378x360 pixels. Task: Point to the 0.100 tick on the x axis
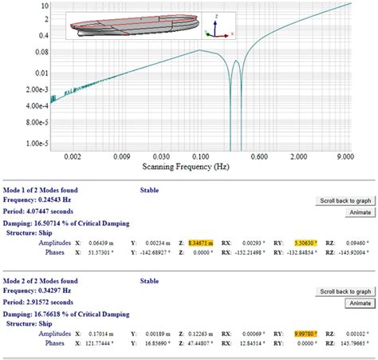[x=199, y=158]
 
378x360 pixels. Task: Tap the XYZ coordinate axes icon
[x=218, y=27]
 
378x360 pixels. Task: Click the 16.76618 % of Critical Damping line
[x=65, y=311]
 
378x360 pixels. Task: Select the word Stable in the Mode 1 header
[x=148, y=191]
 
